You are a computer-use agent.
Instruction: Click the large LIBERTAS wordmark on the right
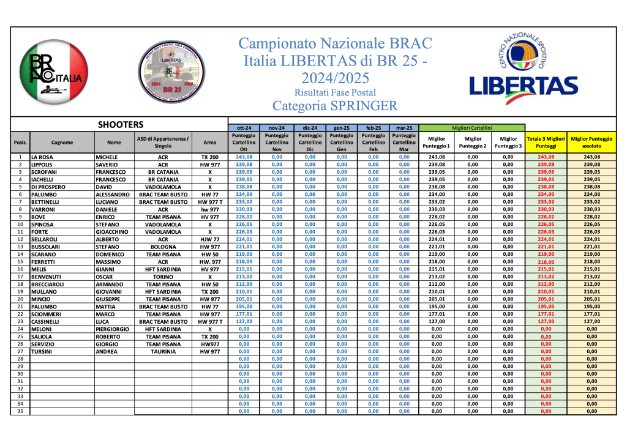pyautogui.click(x=524, y=87)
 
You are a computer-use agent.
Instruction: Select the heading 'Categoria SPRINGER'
pyautogui.click(x=335, y=105)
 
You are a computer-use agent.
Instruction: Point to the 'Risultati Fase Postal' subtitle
pyautogui.click(x=335, y=92)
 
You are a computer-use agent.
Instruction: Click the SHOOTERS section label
pyautogui.click(x=121, y=124)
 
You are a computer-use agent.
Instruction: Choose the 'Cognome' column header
pyautogui.click(x=62, y=143)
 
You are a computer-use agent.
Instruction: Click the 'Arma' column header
pyautogui.click(x=210, y=143)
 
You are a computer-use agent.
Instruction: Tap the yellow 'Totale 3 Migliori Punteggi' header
pyautogui.click(x=546, y=143)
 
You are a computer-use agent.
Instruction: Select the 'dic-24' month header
pyautogui.click(x=310, y=127)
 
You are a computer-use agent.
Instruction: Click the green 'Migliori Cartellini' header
pyautogui.click(x=471, y=127)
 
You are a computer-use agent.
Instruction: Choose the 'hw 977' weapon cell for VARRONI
pyautogui.click(x=210, y=210)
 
